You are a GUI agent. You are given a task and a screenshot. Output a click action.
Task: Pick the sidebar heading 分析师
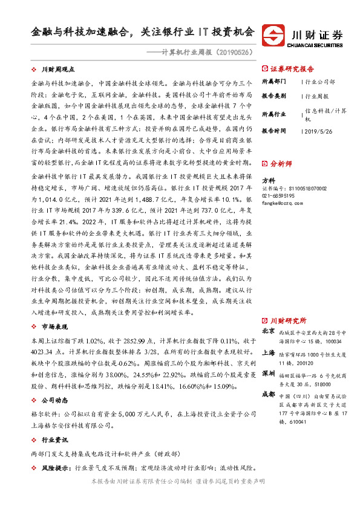coord(281,163)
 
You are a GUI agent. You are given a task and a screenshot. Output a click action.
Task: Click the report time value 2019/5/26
coord(315,130)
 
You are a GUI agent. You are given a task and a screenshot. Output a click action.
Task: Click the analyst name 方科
coord(267,181)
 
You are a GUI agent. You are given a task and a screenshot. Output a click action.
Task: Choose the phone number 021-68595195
coord(278,196)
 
